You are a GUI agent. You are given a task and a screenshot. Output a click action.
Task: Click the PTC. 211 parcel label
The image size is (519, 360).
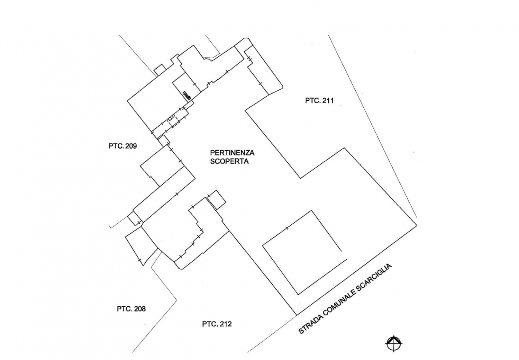(x=319, y=101)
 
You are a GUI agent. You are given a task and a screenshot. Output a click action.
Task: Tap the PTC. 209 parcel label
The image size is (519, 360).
(x=122, y=146)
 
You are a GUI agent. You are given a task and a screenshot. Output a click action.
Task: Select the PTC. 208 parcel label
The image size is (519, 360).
(x=131, y=309)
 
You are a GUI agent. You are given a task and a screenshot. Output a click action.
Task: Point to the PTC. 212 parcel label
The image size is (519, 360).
(x=217, y=324)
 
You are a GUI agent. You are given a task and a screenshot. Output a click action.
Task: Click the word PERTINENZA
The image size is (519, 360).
(x=232, y=153)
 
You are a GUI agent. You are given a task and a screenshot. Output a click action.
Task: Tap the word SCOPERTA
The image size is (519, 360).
(x=229, y=161)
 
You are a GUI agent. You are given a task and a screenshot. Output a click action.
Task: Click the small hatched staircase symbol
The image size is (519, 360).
(x=187, y=95)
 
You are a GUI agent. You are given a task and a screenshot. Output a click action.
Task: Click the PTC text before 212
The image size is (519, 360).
(x=209, y=324)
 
